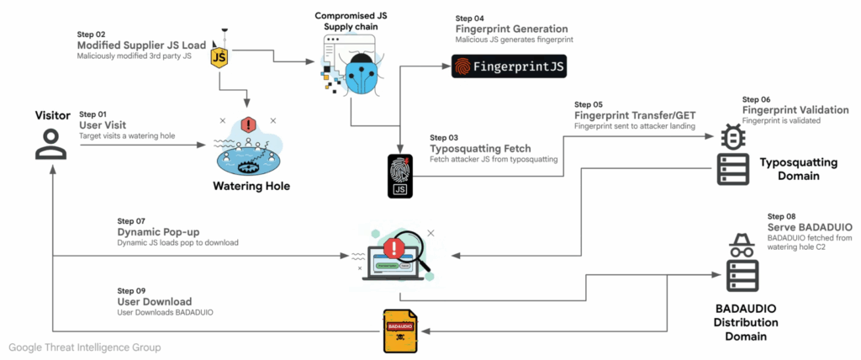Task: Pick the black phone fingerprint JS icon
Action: click(400, 176)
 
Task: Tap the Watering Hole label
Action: click(250, 186)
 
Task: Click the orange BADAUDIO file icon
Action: click(400, 331)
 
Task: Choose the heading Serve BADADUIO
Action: click(811, 228)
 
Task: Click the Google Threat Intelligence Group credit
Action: click(85, 347)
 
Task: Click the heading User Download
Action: click(155, 302)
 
